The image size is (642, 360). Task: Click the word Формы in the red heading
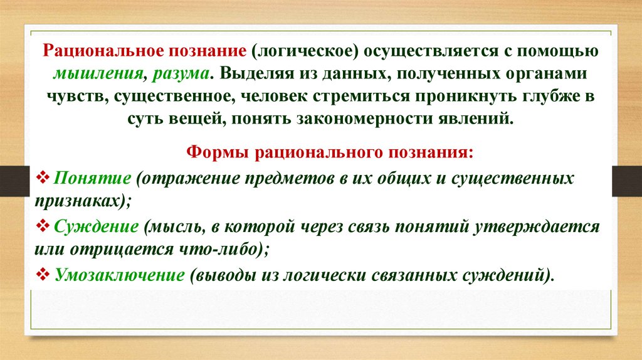(x=213, y=154)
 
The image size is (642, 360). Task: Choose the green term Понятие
(x=92, y=177)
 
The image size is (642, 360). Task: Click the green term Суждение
(x=96, y=226)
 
